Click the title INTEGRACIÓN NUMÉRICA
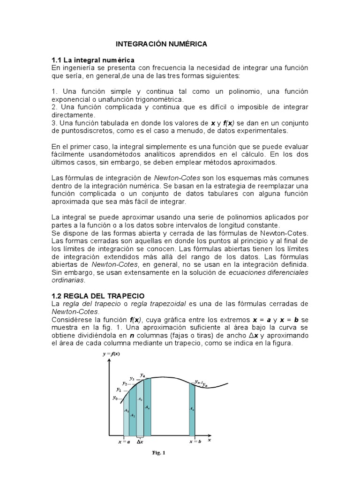161,44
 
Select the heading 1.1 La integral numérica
93,60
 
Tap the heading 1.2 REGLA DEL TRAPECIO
98,296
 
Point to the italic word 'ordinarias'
68,280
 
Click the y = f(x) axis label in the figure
114,354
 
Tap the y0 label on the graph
115,397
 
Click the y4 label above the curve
142,375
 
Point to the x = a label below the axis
124,442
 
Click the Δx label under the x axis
140,442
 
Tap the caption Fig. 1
159,453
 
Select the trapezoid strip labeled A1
126,412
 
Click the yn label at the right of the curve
205,384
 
